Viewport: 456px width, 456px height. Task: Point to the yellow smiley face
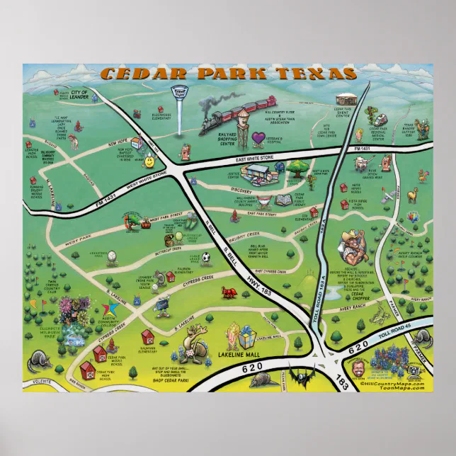[149, 162]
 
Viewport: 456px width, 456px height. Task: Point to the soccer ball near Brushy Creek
[205, 258]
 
